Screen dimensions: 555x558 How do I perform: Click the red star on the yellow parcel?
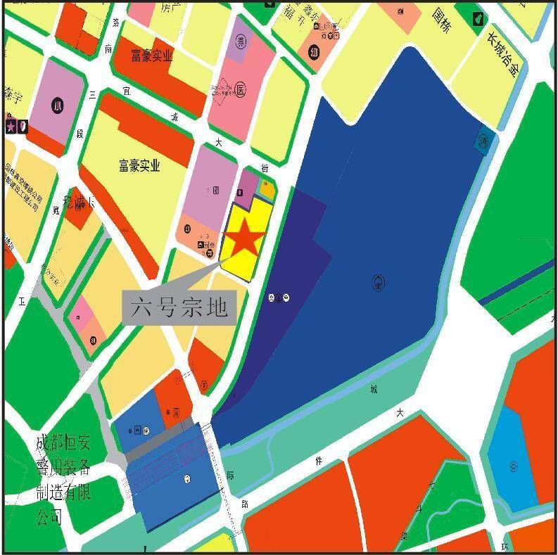[x=245, y=238]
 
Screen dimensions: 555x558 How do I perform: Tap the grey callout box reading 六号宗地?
[x=179, y=307]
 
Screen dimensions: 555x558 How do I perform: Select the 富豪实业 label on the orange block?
[x=151, y=56]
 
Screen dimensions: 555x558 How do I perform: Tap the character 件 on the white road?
[x=318, y=461]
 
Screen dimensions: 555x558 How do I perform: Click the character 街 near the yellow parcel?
[x=265, y=168]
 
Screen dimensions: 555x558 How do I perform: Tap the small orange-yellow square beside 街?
[x=267, y=188]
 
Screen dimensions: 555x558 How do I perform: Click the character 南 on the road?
[x=108, y=49]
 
